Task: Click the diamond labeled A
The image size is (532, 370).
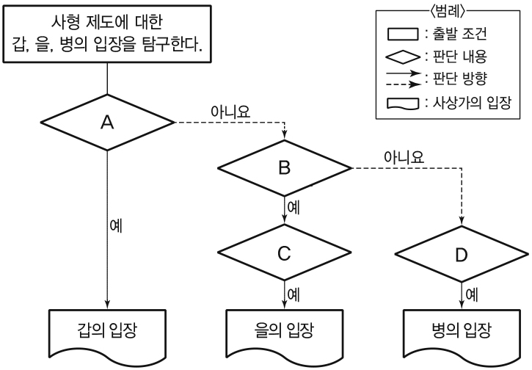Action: (x=108, y=123)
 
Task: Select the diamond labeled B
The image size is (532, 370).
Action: (x=285, y=168)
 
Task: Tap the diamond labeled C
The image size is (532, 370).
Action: (x=285, y=253)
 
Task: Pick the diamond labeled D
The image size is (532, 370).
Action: (x=462, y=253)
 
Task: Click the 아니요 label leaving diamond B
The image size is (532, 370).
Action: (x=404, y=157)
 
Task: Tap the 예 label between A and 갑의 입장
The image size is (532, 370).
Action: (x=115, y=225)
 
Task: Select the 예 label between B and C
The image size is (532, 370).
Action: (x=293, y=207)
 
